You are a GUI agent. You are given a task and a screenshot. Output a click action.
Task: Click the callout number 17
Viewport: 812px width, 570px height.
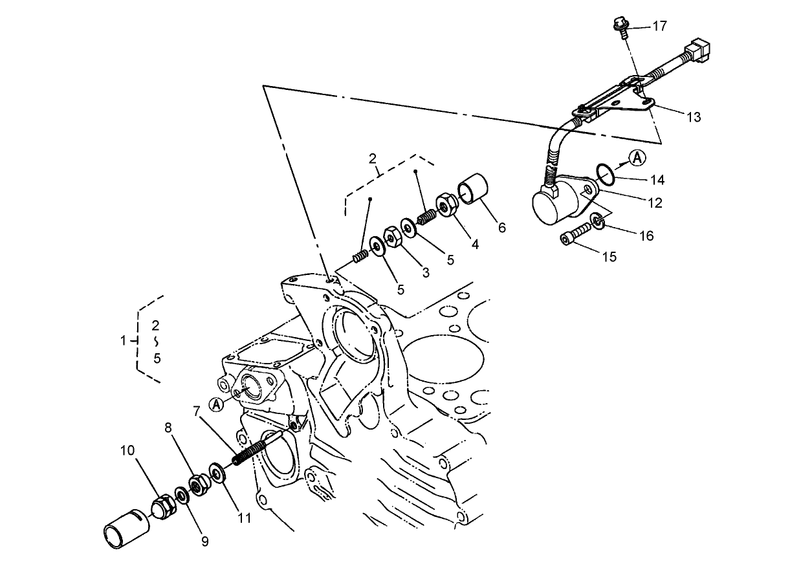[x=659, y=27]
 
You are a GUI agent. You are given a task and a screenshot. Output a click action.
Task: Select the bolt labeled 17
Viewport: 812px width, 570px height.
[x=621, y=27]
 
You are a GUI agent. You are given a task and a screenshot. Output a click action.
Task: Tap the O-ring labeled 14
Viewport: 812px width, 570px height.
[x=605, y=173]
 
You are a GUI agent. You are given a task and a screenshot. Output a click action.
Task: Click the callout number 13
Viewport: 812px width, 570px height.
[x=694, y=117]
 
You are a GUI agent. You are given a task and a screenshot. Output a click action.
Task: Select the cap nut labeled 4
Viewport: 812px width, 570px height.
[x=447, y=204]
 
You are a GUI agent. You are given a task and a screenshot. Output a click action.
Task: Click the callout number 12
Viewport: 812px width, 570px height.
[x=655, y=203]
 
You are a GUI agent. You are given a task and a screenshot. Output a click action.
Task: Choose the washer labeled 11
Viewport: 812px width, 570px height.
[x=217, y=472]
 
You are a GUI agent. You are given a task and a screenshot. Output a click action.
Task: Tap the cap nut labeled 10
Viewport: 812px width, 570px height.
[x=162, y=505]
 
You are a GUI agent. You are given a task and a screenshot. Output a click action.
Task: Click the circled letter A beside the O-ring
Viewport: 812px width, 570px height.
[x=638, y=157]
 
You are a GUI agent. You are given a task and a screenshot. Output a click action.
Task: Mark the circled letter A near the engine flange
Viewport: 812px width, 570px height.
[x=217, y=404]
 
